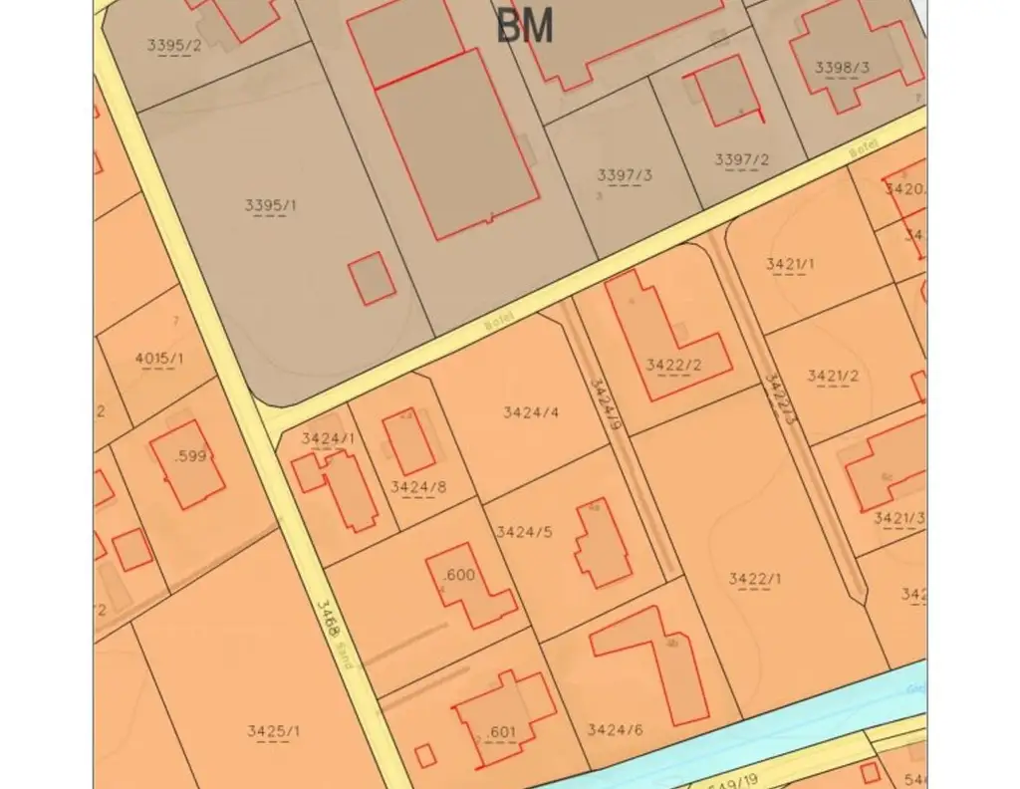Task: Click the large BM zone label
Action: tap(524, 27)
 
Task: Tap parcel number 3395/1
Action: tap(270, 206)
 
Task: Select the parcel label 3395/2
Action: tap(173, 45)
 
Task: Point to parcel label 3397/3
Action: tap(625, 176)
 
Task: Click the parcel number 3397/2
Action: tap(741, 159)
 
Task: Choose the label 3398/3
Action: tap(842, 68)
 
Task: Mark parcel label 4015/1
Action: tap(159, 359)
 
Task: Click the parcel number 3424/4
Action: tap(531, 411)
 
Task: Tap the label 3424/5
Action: tap(524, 532)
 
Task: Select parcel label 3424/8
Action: tap(417, 487)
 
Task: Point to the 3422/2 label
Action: tap(673, 365)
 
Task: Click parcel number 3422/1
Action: tap(755, 579)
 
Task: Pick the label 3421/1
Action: tap(790, 264)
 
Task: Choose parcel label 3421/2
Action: tap(833, 376)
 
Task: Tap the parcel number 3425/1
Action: tap(274, 731)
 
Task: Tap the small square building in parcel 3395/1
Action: tap(372, 278)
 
